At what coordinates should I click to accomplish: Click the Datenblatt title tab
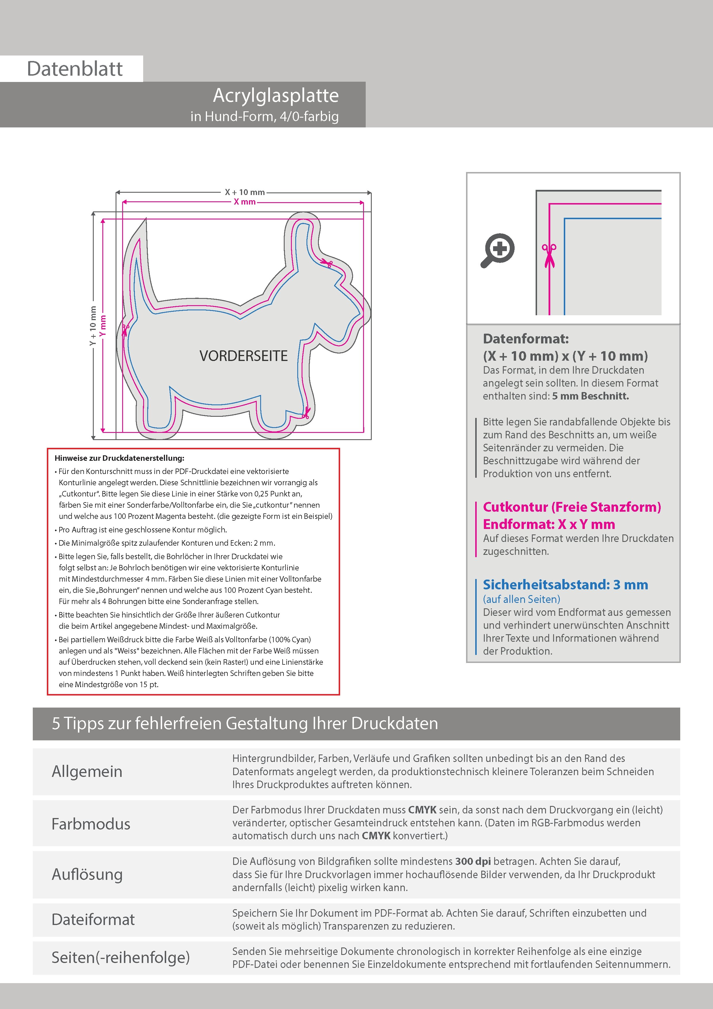click(x=75, y=68)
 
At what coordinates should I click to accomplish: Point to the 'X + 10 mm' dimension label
click(x=245, y=192)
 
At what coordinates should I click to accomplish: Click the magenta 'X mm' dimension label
click(x=245, y=202)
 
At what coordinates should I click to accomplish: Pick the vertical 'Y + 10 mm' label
click(x=93, y=326)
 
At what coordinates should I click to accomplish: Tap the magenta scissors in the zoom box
click(x=549, y=255)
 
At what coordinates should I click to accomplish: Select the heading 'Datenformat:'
click(x=526, y=339)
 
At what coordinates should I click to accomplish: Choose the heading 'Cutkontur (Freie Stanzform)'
click(x=572, y=507)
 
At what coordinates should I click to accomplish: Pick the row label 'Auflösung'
click(x=87, y=874)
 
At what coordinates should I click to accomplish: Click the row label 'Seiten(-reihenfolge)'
click(x=120, y=957)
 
